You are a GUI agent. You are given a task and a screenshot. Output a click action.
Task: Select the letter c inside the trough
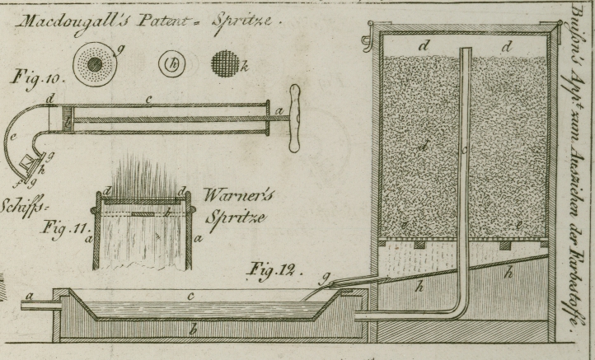[190, 295]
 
